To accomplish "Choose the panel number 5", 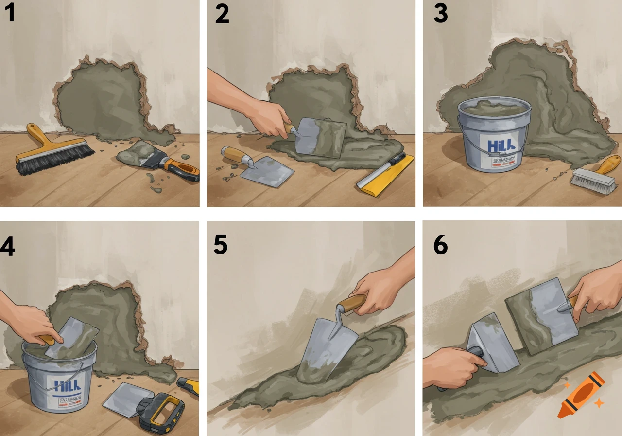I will (220, 245).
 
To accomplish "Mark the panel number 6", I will (440, 246).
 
